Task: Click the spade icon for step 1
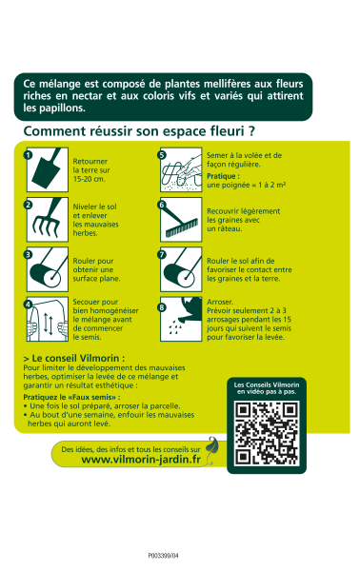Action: (x=48, y=169)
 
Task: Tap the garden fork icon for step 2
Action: (x=48, y=220)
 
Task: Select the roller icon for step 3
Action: (x=48, y=269)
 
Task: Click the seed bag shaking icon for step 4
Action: (x=48, y=320)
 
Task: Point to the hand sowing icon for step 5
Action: (x=181, y=169)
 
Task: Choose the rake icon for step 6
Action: (x=181, y=220)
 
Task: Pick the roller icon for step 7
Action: (x=181, y=269)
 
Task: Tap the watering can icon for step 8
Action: (x=181, y=320)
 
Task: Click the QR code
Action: (x=267, y=433)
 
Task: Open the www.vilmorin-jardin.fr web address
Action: (x=141, y=460)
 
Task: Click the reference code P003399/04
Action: (x=163, y=556)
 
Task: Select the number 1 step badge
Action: (x=28, y=155)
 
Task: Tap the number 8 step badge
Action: (x=162, y=307)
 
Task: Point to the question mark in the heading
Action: (x=251, y=130)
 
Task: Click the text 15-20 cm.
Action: (x=89, y=179)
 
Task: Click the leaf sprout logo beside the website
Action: (x=212, y=450)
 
